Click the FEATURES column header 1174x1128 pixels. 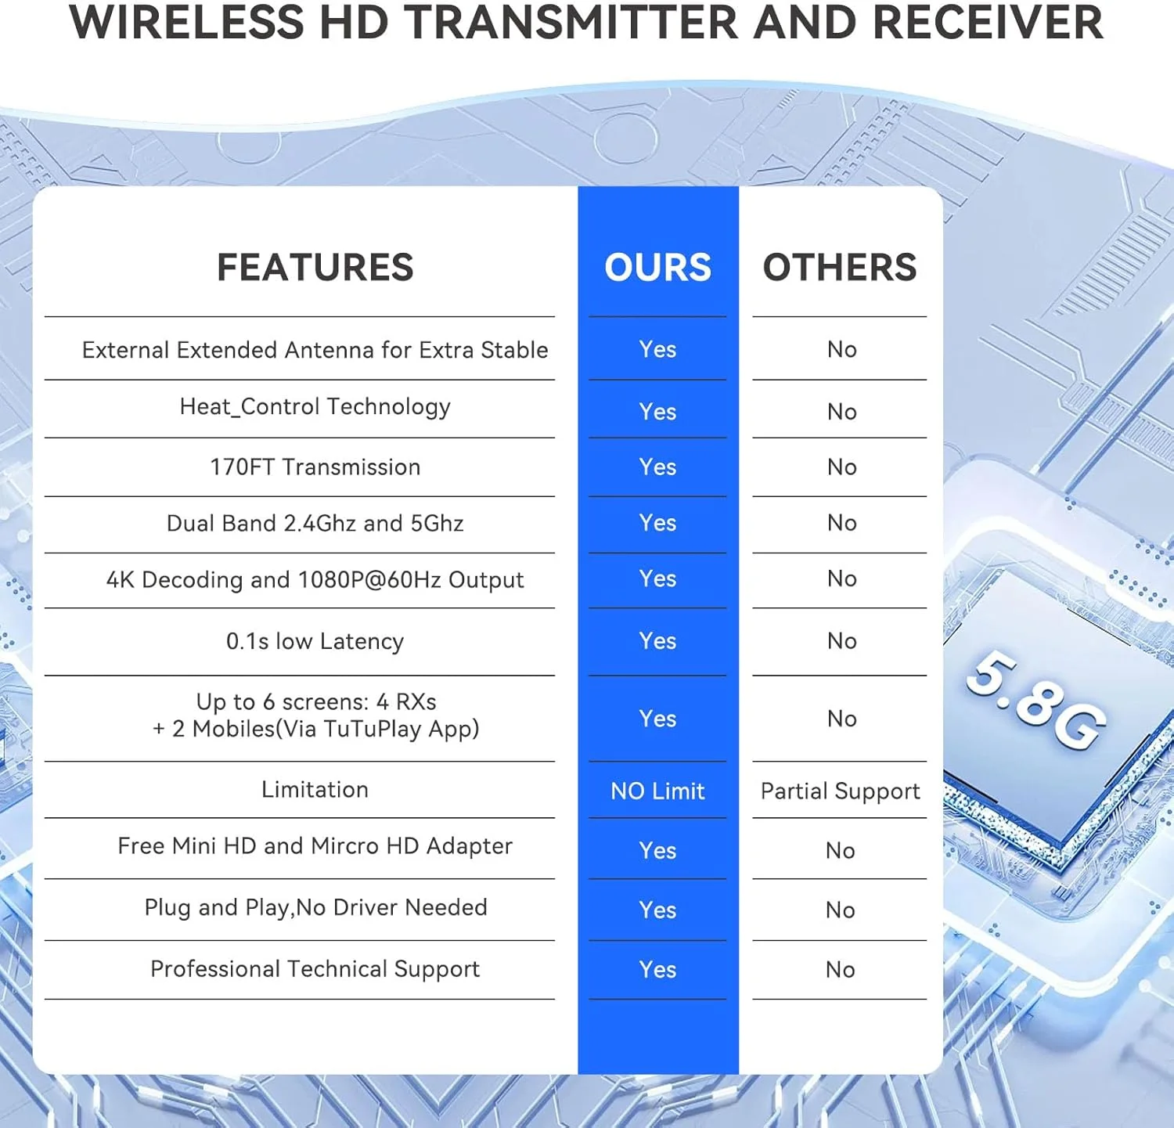[x=315, y=268]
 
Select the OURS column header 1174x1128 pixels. [x=657, y=268]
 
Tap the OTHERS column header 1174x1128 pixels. [x=840, y=268]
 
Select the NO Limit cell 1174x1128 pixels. [x=657, y=791]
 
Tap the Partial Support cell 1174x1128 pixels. [x=840, y=791]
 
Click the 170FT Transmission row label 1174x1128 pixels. [x=315, y=467]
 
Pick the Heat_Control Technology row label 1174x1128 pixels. [x=315, y=407]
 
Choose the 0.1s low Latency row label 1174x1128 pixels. [x=315, y=641]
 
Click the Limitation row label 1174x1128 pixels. [x=315, y=789]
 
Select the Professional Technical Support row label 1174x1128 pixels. [x=315, y=969]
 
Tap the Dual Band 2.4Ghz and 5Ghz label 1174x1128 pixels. [x=315, y=523]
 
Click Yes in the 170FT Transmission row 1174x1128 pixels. [x=657, y=467]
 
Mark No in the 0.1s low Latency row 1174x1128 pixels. [x=841, y=641]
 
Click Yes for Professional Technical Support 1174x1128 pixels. [x=657, y=970]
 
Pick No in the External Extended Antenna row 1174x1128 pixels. [x=841, y=349]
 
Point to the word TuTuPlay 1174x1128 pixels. [x=373, y=729]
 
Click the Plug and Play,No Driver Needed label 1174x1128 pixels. [x=315, y=907]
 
